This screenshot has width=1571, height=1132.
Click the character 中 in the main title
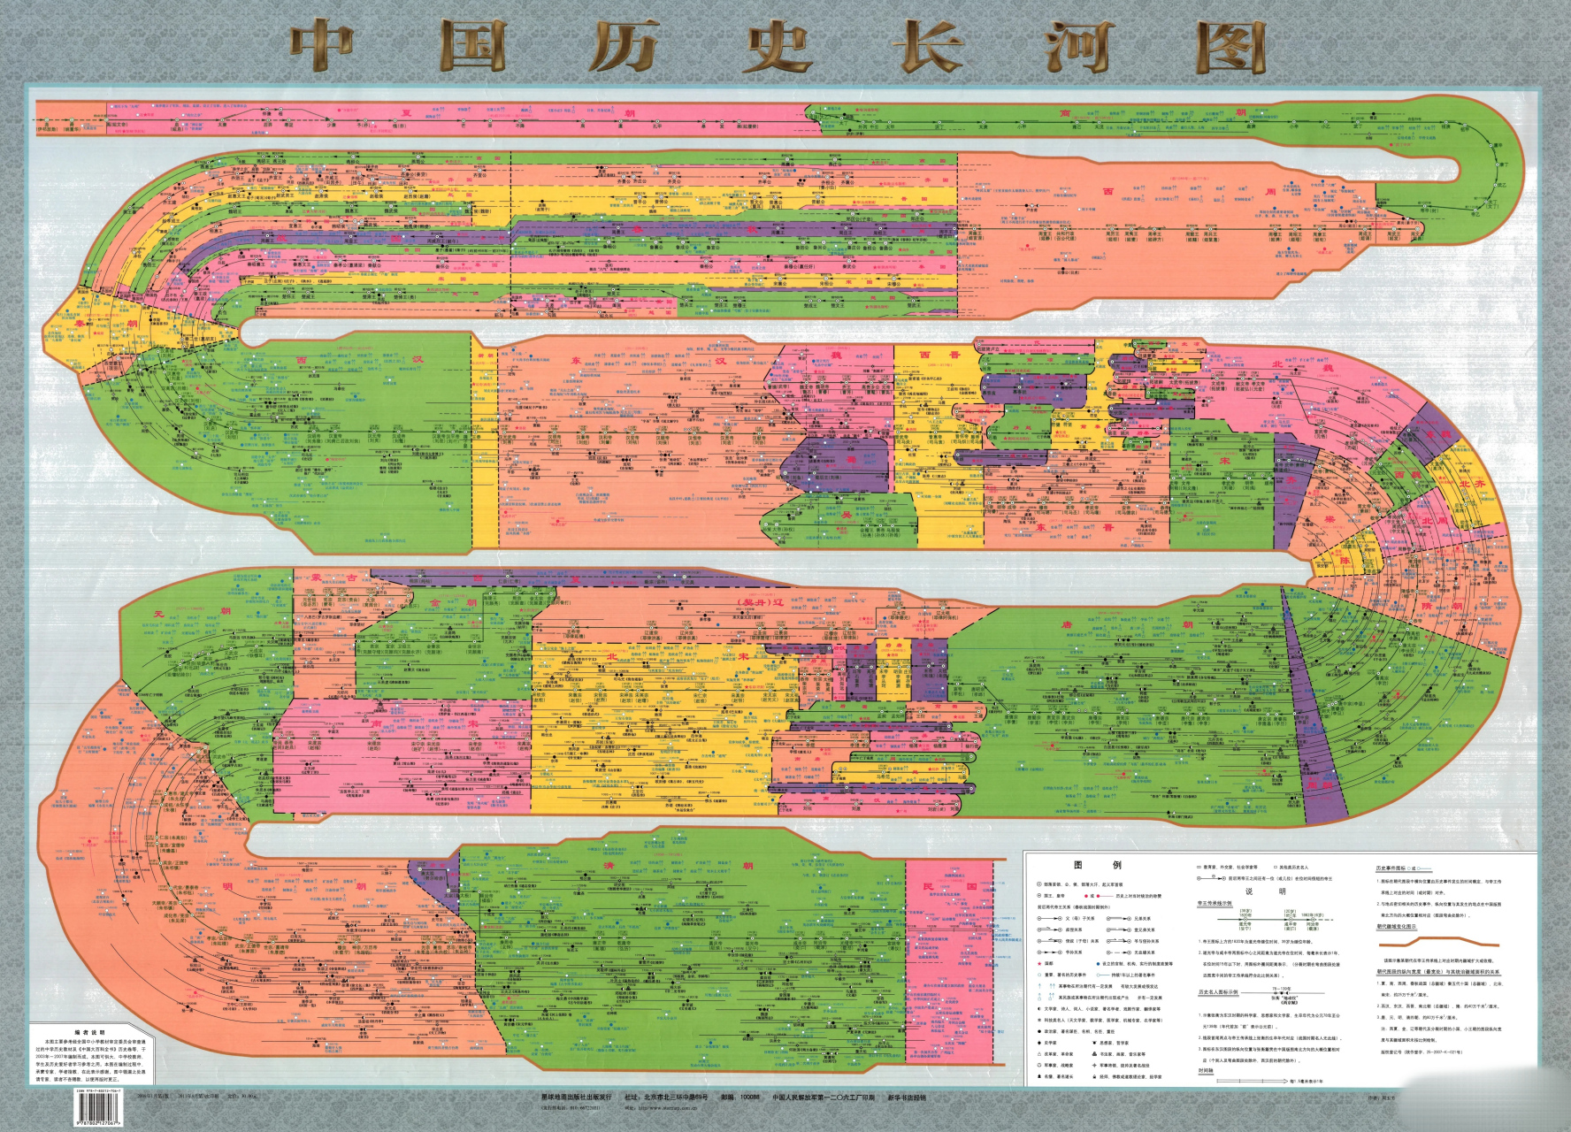click(x=321, y=47)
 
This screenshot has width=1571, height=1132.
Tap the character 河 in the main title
click(x=1077, y=47)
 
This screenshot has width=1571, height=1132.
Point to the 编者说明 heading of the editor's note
click(x=89, y=1032)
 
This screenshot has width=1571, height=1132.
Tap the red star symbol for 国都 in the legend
click(x=1088, y=896)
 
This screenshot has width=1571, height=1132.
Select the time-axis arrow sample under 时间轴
click(x=1256, y=1081)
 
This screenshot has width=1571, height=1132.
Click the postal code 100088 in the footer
click(x=748, y=1098)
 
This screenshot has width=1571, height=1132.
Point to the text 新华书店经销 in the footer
click(x=907, y=1098)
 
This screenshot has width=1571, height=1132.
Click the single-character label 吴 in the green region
click(x=847, y=516)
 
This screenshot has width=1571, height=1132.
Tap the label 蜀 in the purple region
click(x=851, y=460)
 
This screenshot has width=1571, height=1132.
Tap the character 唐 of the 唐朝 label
click(x=1068, y=625)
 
